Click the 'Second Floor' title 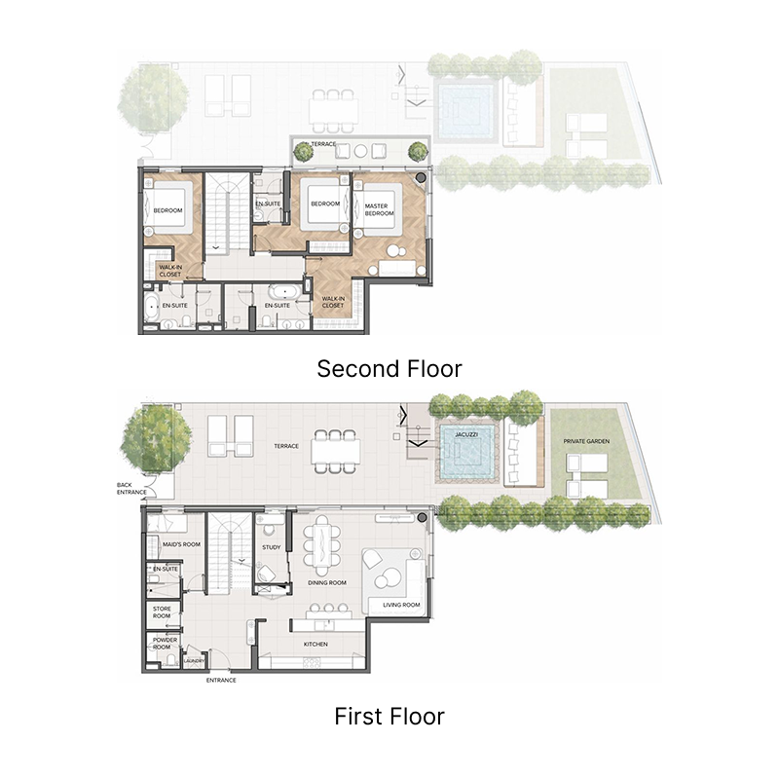click(389, 369)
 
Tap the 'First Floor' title click(389, 718)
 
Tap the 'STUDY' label click(272, 547)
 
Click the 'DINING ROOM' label click(327, 582)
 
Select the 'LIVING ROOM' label click(401, 605)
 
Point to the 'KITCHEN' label click(315, 645)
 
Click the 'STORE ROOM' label click(162, 612)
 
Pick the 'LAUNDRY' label click(193, 661)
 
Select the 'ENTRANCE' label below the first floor click(221, 680)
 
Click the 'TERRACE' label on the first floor click(285, 446)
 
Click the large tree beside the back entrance click(156, 433)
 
